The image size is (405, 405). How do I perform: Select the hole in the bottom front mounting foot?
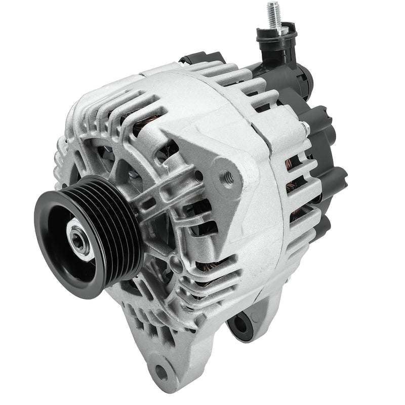(x=161, y=372)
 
